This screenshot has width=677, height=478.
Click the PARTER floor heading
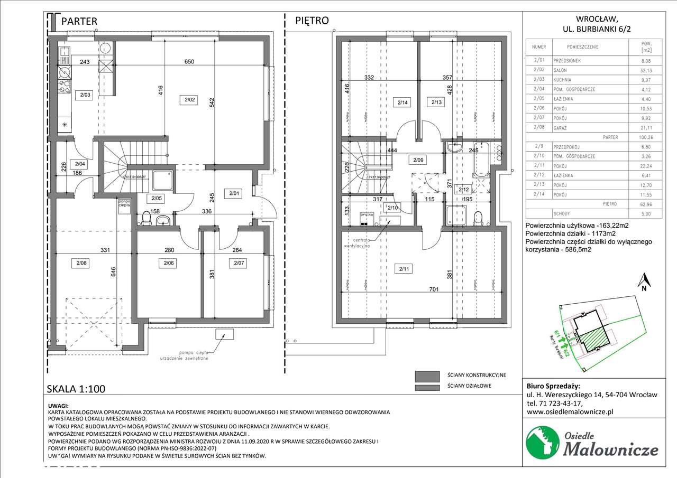(x=79, y=21)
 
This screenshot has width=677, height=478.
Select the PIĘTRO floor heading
(x=312, y=21)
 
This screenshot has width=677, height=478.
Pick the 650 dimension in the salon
(x=189, y=62)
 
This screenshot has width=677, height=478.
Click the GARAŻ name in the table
(x=561, y=127)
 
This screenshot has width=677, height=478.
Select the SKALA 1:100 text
(x=76, y=389)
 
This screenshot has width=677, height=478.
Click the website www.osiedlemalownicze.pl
(x=570, y=412)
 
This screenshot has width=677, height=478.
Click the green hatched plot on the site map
(x=596, y=338)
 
